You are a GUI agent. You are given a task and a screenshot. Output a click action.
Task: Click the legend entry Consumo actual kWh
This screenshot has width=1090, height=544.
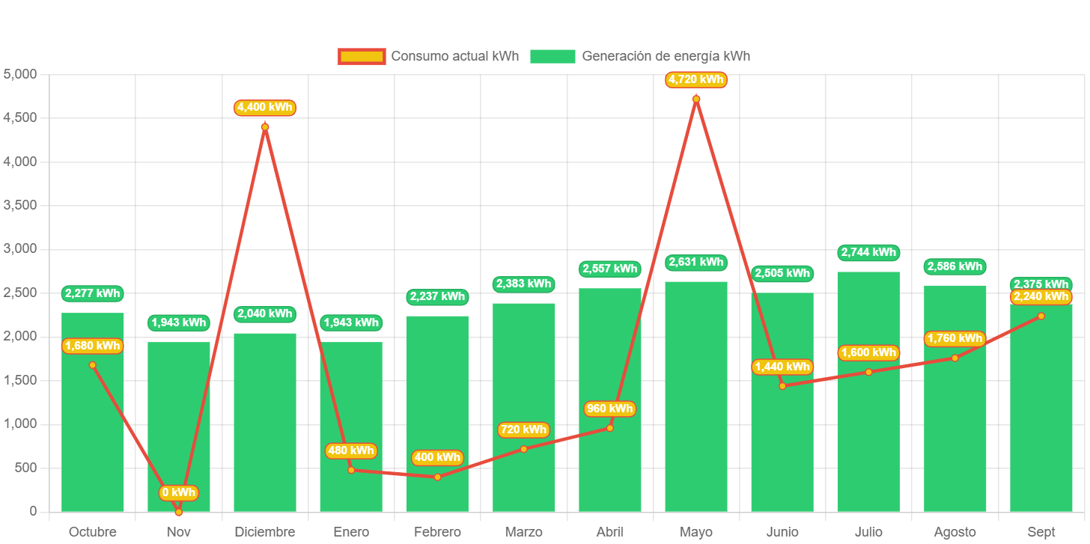(x=428, y=56)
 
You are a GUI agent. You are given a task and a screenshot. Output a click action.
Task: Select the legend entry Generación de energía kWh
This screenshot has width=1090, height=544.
(x=640, y=56)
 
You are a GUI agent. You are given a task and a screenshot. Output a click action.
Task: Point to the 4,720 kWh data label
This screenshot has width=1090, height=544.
(x=696, y=79)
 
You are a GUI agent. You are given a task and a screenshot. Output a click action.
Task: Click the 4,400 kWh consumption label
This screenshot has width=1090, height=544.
(x=265, y=108)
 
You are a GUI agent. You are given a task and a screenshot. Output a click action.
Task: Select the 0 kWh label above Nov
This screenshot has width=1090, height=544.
(x=179, y=492)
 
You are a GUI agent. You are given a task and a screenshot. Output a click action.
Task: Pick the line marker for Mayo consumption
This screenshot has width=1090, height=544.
(x=696, y=99)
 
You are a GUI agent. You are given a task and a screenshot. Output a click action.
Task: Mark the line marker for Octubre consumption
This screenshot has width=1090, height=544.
(x=93, y=365)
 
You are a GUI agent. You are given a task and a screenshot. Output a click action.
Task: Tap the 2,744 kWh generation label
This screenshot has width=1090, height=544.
(x=868, y=253)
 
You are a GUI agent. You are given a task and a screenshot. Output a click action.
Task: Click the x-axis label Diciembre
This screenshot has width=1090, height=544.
(x=265, y=532)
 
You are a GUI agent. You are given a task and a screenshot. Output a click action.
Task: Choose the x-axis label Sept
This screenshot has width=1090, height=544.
(x=1041, y=532)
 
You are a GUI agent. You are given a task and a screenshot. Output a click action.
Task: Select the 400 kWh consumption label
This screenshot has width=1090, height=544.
(x=437, y=457)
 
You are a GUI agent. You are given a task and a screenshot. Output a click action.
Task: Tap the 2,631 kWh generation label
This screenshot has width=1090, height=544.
(x=696, y=262)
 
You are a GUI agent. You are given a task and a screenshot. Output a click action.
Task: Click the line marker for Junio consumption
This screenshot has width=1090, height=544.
(x=782, y=386)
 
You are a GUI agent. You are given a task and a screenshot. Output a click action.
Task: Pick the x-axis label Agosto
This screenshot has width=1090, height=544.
(x=954, y=532)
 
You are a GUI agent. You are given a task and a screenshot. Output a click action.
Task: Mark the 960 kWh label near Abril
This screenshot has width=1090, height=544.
(x=609, y=409)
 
